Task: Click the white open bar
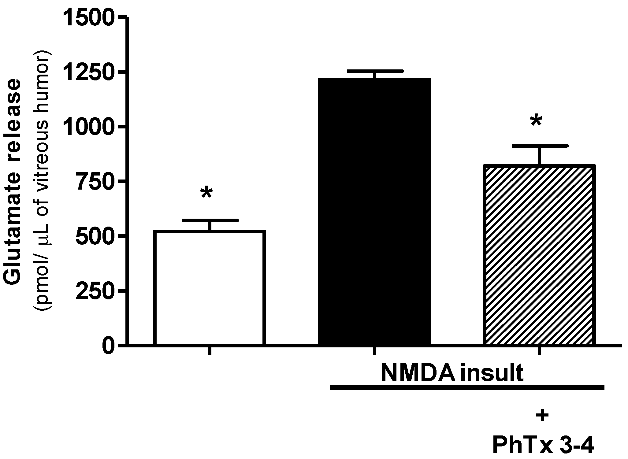click(209, 287)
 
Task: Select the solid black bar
click(374, 211)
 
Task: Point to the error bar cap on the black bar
click(374, 71)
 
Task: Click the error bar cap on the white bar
click(209, 220)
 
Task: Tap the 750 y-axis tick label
click(95, 181)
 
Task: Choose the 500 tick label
click(95, 236)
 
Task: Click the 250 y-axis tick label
click(95, 291)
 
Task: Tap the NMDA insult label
click(452, 373)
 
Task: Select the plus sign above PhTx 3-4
click(541, 416)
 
